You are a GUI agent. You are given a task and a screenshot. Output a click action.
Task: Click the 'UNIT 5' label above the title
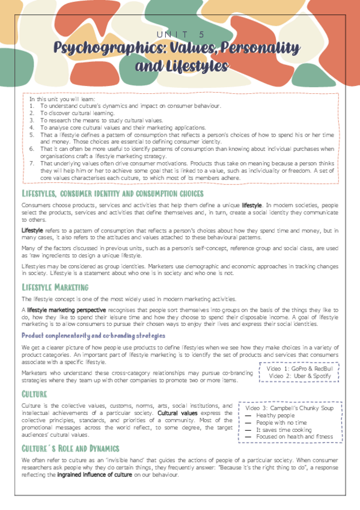pyautogui.click(x=180, y=34)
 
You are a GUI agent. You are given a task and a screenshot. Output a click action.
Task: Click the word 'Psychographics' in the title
pyautogui.click(x=100, y=47)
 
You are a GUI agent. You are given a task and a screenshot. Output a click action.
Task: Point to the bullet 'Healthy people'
pyautogui.click(x=276, y=416)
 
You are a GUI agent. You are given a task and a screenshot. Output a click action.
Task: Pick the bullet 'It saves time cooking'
pyautogui.click(x=284, y=430)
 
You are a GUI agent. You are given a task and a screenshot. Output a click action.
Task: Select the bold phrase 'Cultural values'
pyautogui.click(x=177, y=414)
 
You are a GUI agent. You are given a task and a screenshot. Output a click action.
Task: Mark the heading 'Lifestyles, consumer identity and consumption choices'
pyautogui.click(x=112, y=194)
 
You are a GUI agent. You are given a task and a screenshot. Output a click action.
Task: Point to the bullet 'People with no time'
pyautogui.click(x=281, y=423)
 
